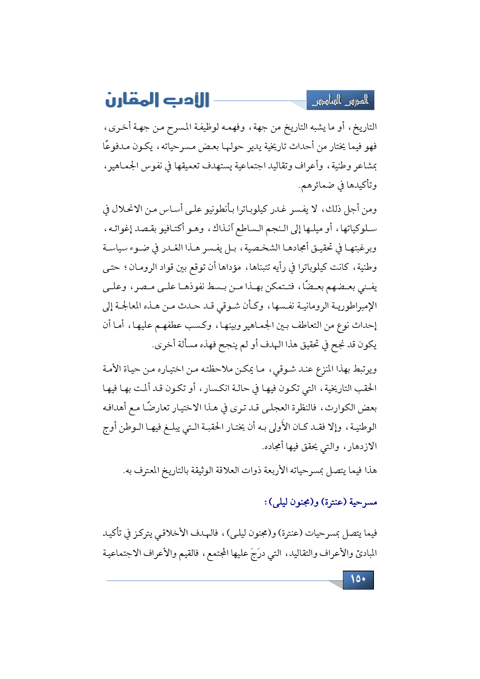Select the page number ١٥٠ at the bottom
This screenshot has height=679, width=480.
[x=358, y=580]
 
